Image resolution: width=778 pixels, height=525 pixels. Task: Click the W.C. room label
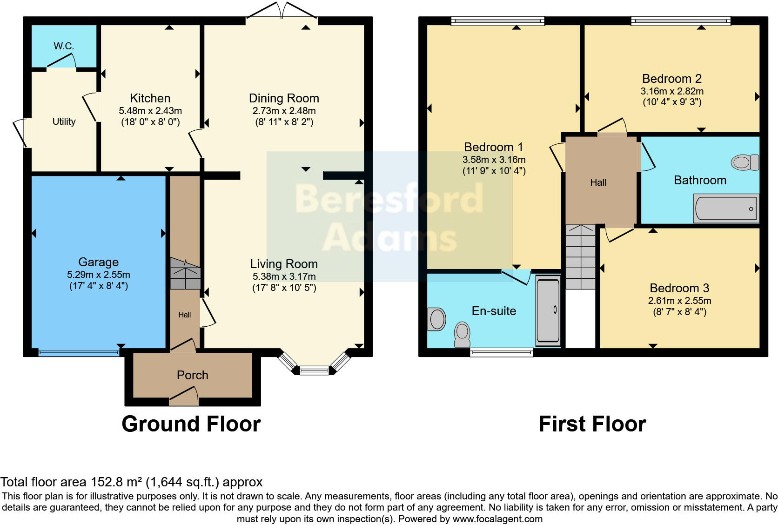(64, 46)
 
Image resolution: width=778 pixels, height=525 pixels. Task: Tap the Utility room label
(64, 121)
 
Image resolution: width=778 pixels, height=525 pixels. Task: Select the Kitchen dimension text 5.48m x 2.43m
(150, 111)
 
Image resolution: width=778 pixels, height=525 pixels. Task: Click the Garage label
(98, 262)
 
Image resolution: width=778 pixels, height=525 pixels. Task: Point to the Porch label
(192, 375)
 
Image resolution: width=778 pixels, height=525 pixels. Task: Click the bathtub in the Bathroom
(726, 209)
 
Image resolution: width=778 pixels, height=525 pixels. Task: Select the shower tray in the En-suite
(548, 310)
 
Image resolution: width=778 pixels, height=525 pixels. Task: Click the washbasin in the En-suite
(436, 319)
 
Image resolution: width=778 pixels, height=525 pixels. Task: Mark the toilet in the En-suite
(462, 335)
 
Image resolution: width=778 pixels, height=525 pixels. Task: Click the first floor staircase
(581, 257)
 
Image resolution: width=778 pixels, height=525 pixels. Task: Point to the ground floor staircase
(185, 274)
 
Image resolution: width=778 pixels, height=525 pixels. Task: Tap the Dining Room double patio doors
(282, 11)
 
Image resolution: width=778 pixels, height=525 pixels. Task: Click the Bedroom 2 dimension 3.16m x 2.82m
(671, 91)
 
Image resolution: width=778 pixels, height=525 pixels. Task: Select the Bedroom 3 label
(679, 288)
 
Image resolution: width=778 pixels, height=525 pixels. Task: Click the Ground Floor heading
(191, 424)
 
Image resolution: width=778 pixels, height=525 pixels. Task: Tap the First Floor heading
(592, 424)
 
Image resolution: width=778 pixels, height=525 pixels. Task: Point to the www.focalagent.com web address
(497, 518)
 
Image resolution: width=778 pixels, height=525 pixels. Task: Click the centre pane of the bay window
(314, 370)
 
